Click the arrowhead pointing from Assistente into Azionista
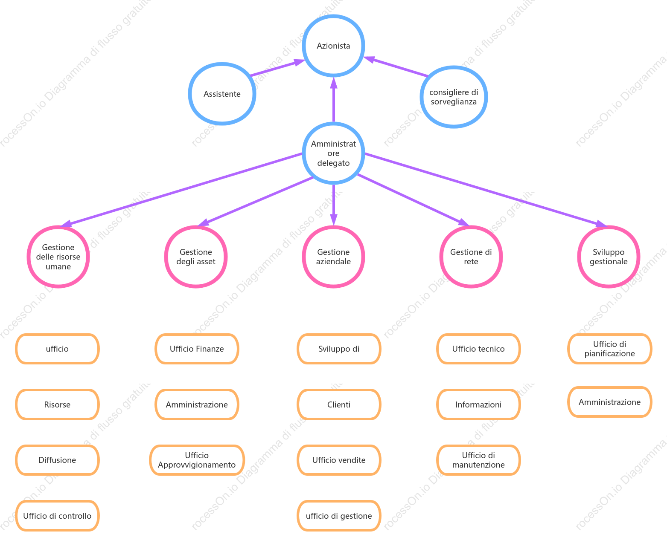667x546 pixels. [x=299, y=62]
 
